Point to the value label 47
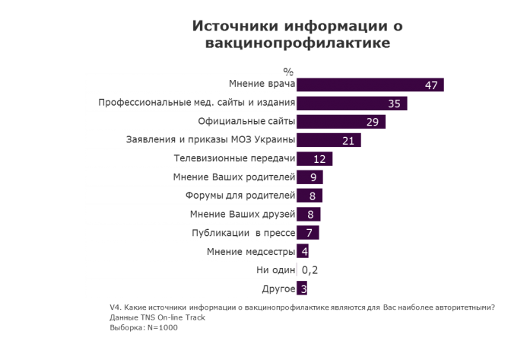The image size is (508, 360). [x=430, y=84]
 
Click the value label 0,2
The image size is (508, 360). [x=310, y=269]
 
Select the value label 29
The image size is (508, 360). [x=373, y=122]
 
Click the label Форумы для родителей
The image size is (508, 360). [x=240, y=196]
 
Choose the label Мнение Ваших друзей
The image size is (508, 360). [x=242, y=215]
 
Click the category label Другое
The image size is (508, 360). [x=278, y=289]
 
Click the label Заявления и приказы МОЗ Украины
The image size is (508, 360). [x=209, y=140]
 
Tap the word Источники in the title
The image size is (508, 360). [x=228, y=26]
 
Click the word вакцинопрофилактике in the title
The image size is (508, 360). [x=297, y=44]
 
